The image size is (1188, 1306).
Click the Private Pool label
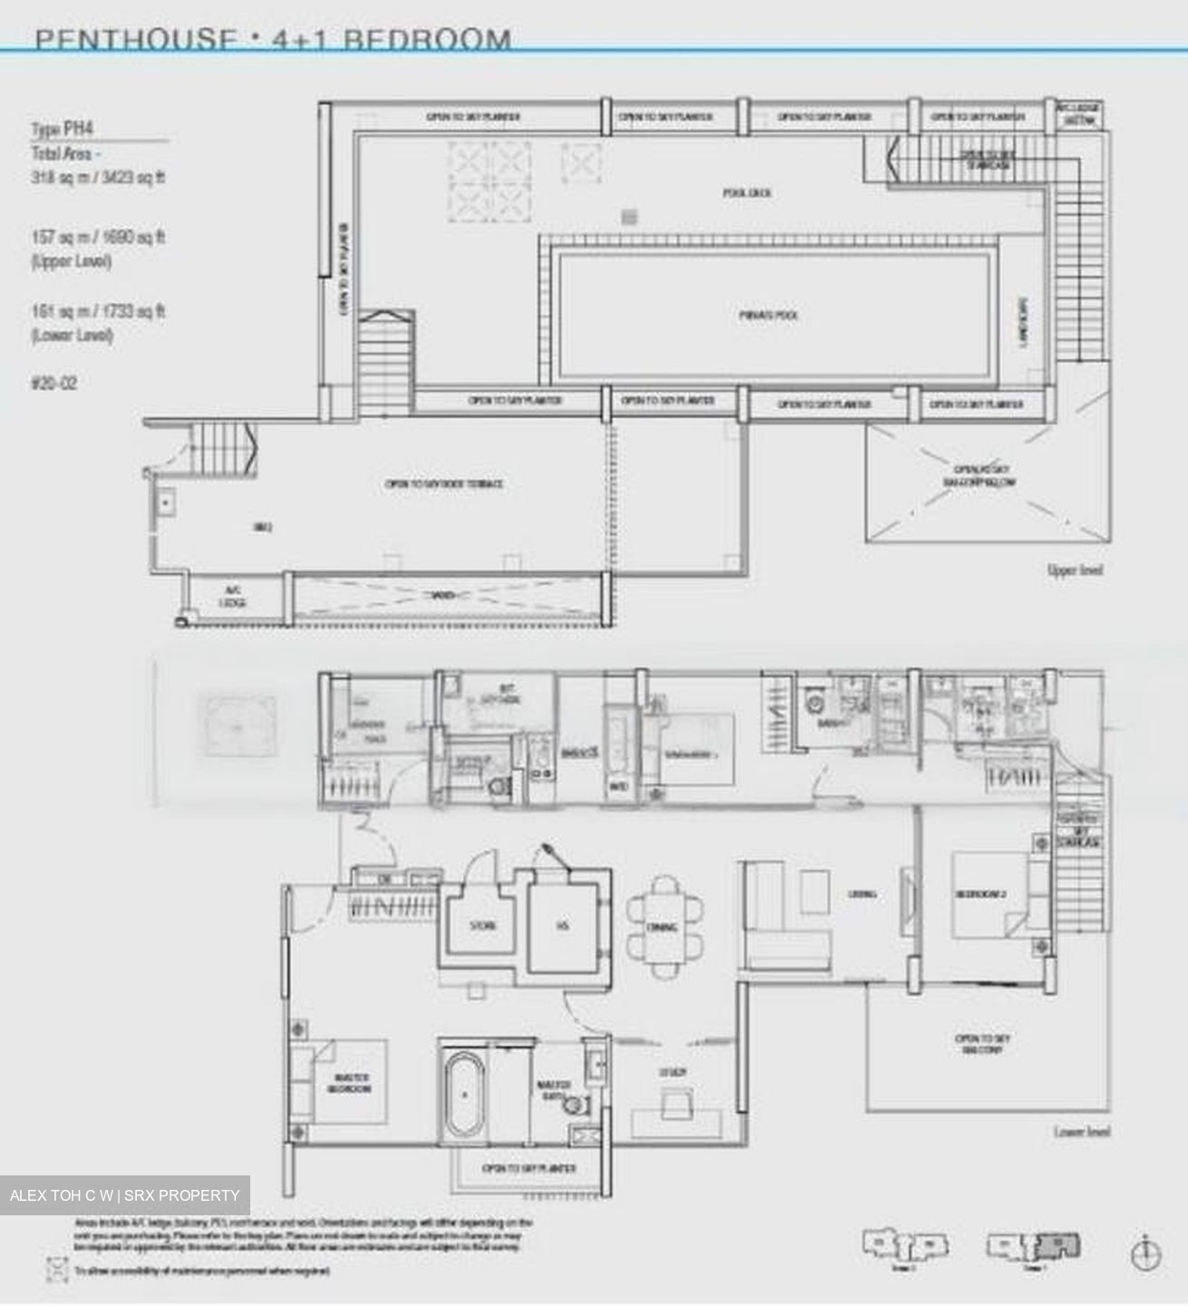(x=767, y=316)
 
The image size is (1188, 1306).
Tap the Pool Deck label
(x=747, y=193)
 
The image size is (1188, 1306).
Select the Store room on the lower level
(x=482, y=926)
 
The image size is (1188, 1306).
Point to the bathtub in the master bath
(x=463, y=1095)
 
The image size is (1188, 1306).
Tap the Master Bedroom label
(x=350, y=1083)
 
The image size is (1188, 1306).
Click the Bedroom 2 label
(x=980, y=894)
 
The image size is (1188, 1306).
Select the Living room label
(x=862, y=894)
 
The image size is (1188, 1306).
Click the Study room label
(x=672, y=1073)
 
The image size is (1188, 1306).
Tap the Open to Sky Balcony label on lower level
(x=982, y=1044)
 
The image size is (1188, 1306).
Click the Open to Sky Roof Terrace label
(x=444, y=484)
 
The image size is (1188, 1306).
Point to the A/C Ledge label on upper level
(x=233, y=596)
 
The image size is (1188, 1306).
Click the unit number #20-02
(x=54, y=384)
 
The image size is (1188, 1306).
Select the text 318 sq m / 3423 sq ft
(x=98, y=178)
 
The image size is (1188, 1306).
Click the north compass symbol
(x=1146, y=1254)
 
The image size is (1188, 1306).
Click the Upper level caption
(x=1075, y=570)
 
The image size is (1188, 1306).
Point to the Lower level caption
(x=1081, y=1132)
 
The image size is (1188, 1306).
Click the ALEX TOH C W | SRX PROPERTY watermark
(x=125, y=1195)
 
